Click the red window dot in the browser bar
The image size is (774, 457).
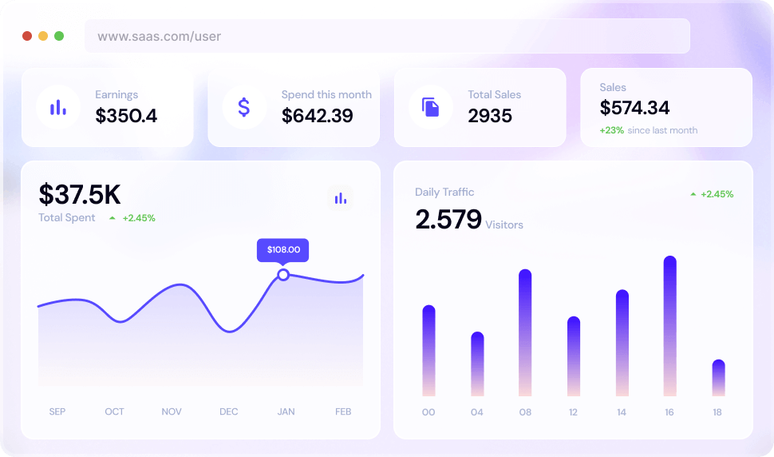[x=27, y=36]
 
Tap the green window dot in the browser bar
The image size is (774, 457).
[x=59, y=36]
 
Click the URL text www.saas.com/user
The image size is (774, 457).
[x=160, y=36]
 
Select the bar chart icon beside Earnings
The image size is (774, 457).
[x=57, y=107]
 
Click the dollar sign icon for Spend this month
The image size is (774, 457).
[x=244, y=107]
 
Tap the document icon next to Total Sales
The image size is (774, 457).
[x=431, y=107]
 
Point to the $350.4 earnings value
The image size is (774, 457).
[x=126, y=116]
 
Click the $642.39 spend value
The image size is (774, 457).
[x=318, y=116]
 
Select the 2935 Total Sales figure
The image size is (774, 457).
[x=490, y=116]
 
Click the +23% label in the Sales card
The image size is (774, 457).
[x=612, y=130]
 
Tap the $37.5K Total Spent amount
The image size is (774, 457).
[x=80, y=194]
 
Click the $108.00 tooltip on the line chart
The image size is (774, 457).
[x=282, y=249]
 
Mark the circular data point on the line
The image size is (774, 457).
[x=283, y=275]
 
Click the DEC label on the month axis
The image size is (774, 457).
[x=229, y=411]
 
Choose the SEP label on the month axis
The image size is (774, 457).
[x=57, y=411]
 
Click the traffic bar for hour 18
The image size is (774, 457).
[x=718, y=378]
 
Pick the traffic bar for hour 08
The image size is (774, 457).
[x=525, y=332]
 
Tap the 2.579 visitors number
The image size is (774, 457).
[x=448, y=219]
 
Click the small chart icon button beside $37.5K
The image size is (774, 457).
[x=341, y=198]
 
